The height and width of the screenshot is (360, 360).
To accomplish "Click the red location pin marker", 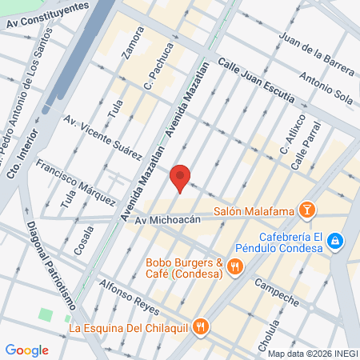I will tap(181, 178).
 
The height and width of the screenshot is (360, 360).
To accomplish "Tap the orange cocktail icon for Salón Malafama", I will tap(306, 211).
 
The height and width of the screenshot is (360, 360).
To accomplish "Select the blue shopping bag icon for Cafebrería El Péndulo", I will tap(335, 240).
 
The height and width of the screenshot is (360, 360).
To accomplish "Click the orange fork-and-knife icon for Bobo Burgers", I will tap(234, 267).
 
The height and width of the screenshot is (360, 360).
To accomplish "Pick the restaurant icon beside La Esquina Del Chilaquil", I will tap(201, 326).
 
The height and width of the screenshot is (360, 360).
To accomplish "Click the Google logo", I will tap(27, 350).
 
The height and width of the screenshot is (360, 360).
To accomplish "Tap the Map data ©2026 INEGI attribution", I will tap(312, 354).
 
